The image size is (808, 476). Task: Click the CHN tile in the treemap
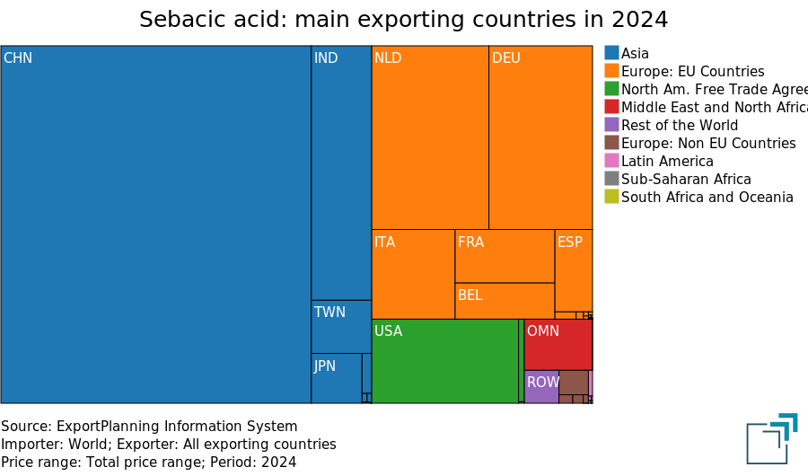point(155,225)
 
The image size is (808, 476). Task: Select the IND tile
point(341,172)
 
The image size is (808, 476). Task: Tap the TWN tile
point(341,327)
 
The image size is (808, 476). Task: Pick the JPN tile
point(336,378)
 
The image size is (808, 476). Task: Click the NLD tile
point(430,137)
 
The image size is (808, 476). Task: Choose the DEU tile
point(540,137)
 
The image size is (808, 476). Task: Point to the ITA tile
point(413,274)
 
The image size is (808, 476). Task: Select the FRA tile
point(505,256)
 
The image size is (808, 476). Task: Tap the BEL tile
point(505,301)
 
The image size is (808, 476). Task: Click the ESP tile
point(574,270)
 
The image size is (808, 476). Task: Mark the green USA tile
point(444,361)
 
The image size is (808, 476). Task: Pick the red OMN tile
point(558,345)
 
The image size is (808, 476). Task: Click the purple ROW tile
point(541,386)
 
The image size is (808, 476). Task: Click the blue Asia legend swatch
point(611,53)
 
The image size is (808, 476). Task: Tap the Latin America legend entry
point(667,161)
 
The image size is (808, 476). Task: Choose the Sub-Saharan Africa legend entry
point(686,179)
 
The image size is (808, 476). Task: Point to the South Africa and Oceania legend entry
point(707,197)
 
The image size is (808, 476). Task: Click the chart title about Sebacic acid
point(404,20)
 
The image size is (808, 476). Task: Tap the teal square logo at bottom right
point(770,439)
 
